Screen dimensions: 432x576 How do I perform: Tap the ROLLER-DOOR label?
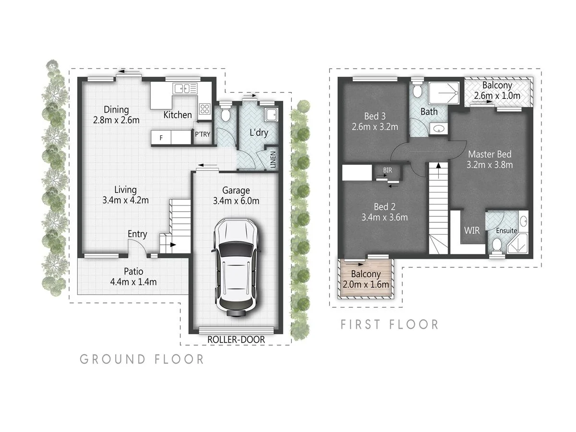coord(236,340)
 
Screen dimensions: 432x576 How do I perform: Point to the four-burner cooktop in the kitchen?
coord(204,109)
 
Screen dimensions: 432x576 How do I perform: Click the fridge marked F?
coord(161,138)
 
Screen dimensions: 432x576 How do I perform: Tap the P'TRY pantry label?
coord(202,135)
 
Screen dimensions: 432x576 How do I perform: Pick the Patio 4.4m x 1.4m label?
coord(132,277)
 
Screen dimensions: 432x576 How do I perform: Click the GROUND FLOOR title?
coord(142,359)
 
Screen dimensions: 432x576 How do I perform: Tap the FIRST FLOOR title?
coord(389,324)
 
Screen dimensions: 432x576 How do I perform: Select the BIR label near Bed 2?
coord(386,170)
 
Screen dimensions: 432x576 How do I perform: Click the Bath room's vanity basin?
coord(437,129)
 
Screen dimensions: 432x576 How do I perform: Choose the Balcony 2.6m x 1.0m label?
coord(497,90)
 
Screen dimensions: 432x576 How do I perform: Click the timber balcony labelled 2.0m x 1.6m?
coord(365,279)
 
